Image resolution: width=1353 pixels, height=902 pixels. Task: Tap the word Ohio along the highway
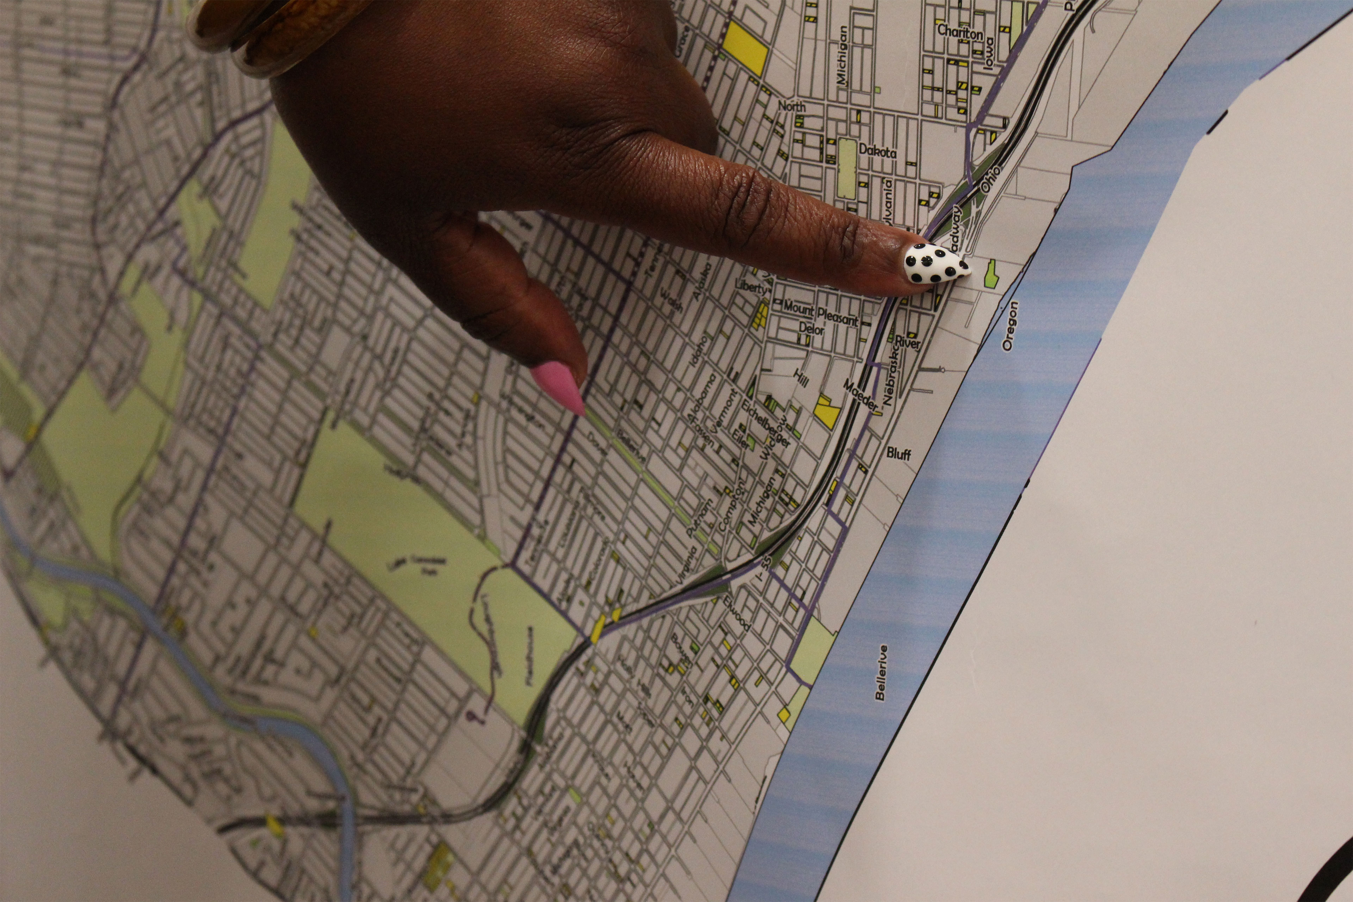pyautogui.click(x=990, y=179)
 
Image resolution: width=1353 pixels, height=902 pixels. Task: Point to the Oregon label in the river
pyautogui.click(x=1009, y=326)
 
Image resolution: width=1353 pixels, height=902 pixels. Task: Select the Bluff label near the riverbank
pyautogui.click(x=898, y=454)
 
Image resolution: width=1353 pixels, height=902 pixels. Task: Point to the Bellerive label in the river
pyautogui.click(x=881, y=672)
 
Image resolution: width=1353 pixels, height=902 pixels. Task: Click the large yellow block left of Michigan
pyautogui.click(x=745, y=48)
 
